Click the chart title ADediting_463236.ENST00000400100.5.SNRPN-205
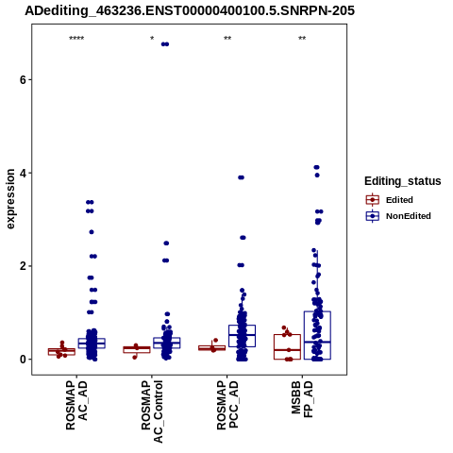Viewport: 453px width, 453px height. coord(190,10)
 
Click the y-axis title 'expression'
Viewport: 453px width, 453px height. coord(10,199)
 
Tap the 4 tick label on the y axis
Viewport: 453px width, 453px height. coord(23,173)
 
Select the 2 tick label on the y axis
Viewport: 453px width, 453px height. coord(23,266)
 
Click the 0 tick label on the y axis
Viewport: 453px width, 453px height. coord(23,360)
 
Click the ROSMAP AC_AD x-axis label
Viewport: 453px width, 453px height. coord(76,406)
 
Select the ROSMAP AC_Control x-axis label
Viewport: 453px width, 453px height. coord(152,411)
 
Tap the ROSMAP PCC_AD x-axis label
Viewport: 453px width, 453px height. coord(227,406)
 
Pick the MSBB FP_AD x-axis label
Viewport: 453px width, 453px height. coord(302,399)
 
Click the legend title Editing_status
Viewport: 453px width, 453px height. coord(403,181)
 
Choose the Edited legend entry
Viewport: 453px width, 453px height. coord(390,200)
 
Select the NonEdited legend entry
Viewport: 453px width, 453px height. coord(398,216)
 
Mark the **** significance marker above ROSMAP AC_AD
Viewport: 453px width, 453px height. coord(76,39)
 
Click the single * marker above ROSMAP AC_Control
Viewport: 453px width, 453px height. coord(152,39)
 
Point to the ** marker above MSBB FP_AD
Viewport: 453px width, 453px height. coord(302,39)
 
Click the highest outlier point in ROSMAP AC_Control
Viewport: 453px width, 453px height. coord(165,44)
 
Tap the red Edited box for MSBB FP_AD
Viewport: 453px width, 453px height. coord(287,346)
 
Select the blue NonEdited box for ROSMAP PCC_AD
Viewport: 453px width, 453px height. coord(242,336)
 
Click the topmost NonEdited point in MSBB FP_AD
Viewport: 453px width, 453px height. coord(317,167)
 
